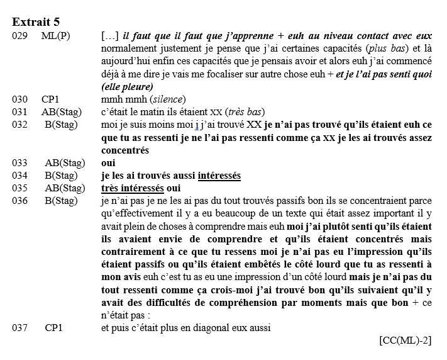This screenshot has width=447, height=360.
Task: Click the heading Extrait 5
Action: (x=36, y=23)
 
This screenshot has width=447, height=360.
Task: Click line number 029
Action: (x=19, y=36)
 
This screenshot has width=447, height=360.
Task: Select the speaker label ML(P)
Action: (x=55, y=36)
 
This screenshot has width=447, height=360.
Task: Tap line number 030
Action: (x=19, y=99)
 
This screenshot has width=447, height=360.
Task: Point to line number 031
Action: (x=19, y=111)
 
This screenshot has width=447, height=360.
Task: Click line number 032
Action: (x=19, y=124)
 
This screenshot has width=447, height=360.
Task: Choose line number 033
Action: (x=19, y=162)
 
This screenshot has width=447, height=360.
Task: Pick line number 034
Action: (x=19, y=175)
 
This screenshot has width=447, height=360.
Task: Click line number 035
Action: (x=19, y=188)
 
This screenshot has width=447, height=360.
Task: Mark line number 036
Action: (x=19, y=201)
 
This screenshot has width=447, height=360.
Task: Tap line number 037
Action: (x=19, y=327)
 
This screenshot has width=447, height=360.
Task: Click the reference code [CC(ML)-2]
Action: (x=406, y=340)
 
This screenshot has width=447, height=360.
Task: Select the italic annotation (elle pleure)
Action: (x=127, y=86)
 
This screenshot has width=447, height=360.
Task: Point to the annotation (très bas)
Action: (x=243, y=111)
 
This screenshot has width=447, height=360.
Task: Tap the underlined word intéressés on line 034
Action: (x=219, y=175)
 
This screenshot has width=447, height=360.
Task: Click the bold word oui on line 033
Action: (x=108, y=162)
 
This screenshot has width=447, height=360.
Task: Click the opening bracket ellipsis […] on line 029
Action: (x=108, y=36)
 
